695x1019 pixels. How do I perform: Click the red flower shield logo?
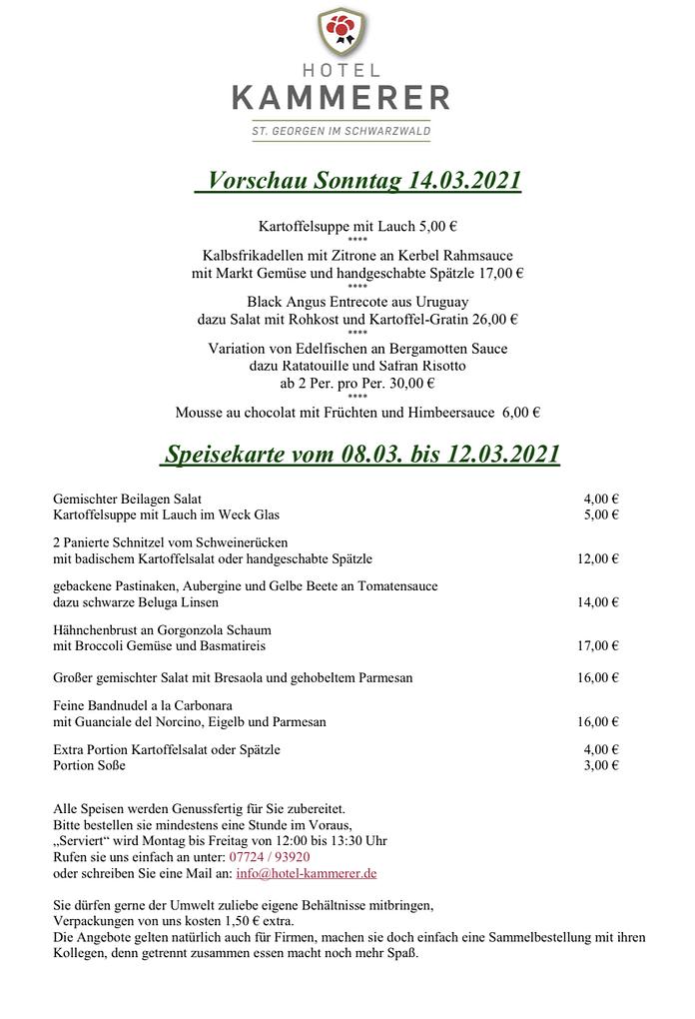pos(341,34)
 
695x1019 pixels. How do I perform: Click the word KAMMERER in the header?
pos(341,97)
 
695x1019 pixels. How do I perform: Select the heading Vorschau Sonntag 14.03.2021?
pos(357,181)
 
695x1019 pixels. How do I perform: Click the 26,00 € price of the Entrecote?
pos(496,320)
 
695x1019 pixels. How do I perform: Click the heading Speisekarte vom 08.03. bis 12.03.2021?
pos(360,455)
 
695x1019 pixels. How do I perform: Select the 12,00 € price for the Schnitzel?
pos(597,558)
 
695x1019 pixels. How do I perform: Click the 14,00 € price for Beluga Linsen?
pos(597,601)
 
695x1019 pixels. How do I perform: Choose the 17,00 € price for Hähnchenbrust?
pos(597,645)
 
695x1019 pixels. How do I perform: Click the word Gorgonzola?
pos(189,630)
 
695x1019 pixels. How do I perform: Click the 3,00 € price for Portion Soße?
pos(601,765)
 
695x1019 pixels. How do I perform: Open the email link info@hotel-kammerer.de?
pos(306,872)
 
